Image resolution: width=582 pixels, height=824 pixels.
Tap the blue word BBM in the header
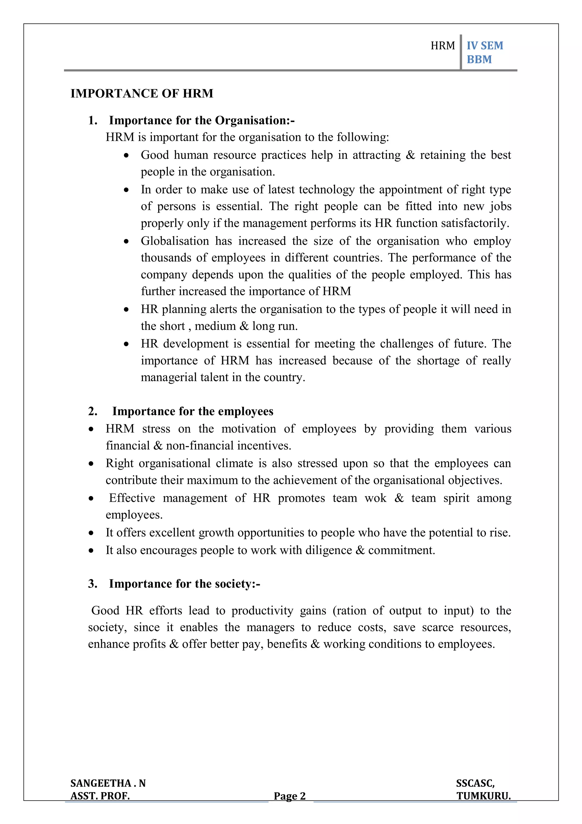479,59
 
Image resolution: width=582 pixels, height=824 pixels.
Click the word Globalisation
175,241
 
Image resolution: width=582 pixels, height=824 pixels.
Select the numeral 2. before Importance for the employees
93,411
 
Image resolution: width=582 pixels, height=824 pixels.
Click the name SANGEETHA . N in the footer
108,783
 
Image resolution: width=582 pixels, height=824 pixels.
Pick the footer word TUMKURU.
483,796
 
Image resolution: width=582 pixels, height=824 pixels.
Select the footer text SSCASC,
475,783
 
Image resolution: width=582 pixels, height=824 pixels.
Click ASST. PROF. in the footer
100,796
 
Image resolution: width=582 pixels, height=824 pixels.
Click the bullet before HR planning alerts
126,309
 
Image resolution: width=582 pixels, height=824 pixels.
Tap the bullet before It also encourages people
92,551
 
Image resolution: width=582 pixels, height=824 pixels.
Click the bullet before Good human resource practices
126,155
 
